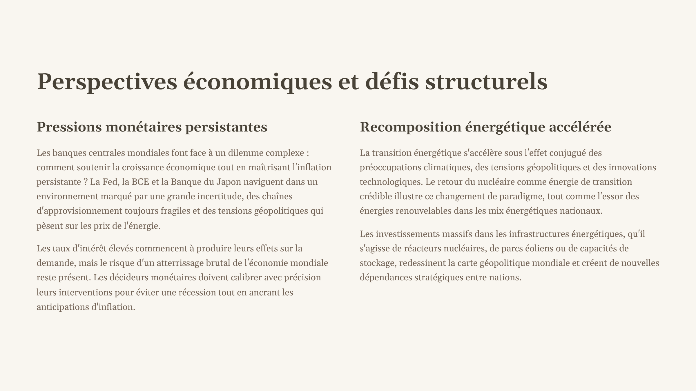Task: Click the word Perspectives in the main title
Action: click(107, 82)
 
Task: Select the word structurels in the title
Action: click(486, 82)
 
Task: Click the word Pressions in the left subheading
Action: click(69, 127)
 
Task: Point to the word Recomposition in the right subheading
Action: click(411, 127)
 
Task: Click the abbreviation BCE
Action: click(140, 182)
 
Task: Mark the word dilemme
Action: click(246, 153)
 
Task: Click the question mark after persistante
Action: click(85, 182)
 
